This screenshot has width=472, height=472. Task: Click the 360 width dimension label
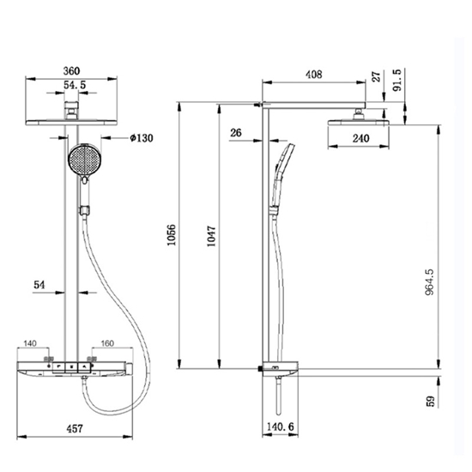click(x=71, y=71)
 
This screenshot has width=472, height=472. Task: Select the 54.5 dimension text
click(x=75, y=85)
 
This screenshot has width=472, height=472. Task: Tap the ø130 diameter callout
click(x=142, y=138)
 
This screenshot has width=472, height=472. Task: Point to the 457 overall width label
click(x=75, y=428)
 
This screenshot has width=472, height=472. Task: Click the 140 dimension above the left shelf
click(x=30, y=343)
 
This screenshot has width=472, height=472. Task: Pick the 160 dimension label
click(x=107, y=343)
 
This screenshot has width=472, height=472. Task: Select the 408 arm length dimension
click(x=313, y=75)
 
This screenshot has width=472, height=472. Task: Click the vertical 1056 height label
click(x=172, y=235)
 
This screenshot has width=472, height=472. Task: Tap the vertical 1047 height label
click(x=211, y=236)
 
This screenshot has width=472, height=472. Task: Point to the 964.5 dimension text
click(x=430, y=282)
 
